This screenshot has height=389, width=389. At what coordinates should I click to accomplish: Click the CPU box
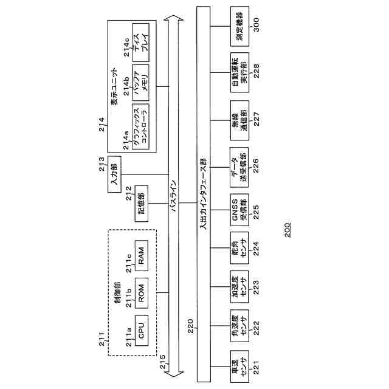tap(141, 331)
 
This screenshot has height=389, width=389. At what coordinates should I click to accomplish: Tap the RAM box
tap(141, 257)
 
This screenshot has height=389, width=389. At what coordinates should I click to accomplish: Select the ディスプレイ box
tap(140, 41)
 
